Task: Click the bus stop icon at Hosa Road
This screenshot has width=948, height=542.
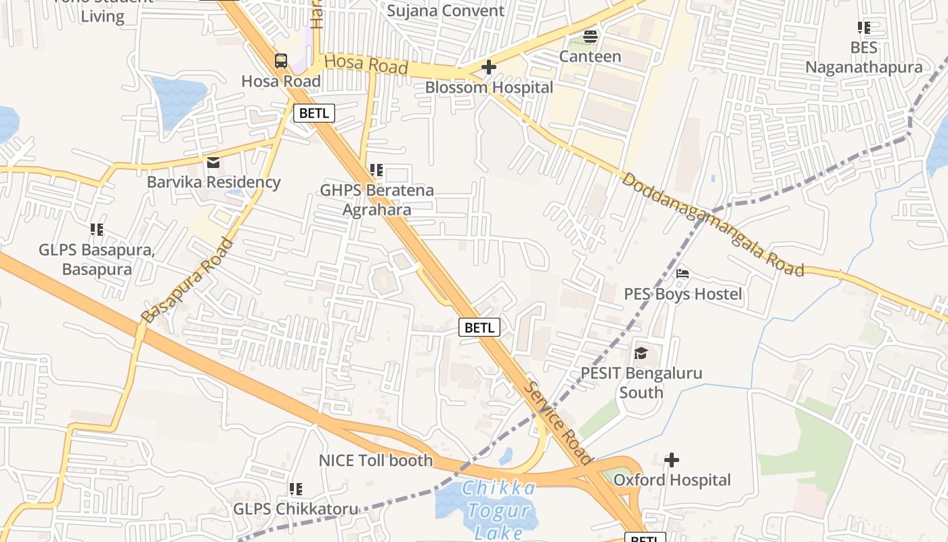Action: (x=281, y=61)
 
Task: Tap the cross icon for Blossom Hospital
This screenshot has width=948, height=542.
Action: (x=488, y=67)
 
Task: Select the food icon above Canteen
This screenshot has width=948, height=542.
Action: (x=590, y=37)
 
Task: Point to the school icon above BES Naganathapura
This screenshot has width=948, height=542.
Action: (x=863, y=28)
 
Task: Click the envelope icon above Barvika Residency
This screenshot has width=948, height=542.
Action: (x=213, y=163)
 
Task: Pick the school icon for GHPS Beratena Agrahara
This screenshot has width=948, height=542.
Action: (x=376, y=170)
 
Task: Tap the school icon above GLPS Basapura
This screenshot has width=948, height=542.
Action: (x=97, y=230)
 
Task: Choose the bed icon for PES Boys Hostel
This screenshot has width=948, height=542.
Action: (x=683, y=274)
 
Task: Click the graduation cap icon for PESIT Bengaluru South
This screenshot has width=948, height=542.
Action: (x=641, y=353)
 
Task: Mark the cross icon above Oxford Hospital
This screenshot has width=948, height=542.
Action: (x=671, y=460)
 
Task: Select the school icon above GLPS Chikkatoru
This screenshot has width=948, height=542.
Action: (x=295, y=488)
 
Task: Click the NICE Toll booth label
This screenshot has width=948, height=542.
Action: (x=376, y=461)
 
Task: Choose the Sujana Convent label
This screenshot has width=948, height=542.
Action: (x=446, y=11)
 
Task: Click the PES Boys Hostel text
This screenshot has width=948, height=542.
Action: (x=683, y=294)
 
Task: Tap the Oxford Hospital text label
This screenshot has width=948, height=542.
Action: (x=672, y=480)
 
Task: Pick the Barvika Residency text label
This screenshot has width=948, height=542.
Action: (x=213, y=182)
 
